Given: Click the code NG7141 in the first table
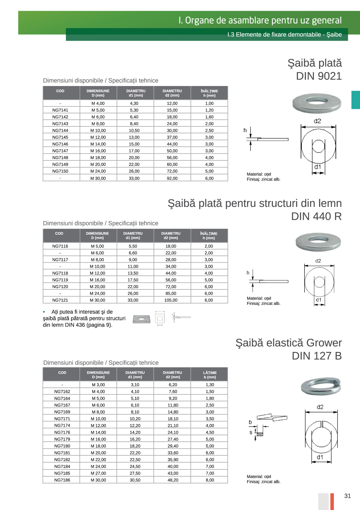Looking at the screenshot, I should click(60, 110).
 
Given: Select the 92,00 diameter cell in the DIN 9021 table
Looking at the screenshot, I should click(172, 178).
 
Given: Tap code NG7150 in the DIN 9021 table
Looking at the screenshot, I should click(60, 171).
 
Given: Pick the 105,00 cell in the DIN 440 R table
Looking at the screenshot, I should click(171, 300).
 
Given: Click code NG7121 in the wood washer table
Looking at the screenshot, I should click(60, 300).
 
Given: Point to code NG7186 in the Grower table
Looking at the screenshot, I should click(62, 480).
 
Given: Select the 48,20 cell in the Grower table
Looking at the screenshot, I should click(173, 480).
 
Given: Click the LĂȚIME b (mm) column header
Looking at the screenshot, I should click(210, 375).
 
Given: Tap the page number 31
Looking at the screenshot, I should click(348, 496).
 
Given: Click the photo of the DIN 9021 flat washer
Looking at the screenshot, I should click(316, 103).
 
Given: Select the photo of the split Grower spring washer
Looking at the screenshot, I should click(321, 386).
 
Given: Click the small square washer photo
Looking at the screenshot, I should click(141, 319).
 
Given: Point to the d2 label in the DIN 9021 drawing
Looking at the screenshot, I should click(317, 121).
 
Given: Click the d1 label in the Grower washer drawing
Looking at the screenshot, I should click(320, 457).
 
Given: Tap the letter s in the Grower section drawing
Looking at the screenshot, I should click(251, 432).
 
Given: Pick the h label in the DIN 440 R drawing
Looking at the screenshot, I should click(248, 273).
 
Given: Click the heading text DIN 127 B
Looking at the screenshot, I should click(317, 356).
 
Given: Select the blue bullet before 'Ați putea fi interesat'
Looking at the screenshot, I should click(44, 312).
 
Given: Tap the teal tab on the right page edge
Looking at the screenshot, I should click(355, 100).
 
